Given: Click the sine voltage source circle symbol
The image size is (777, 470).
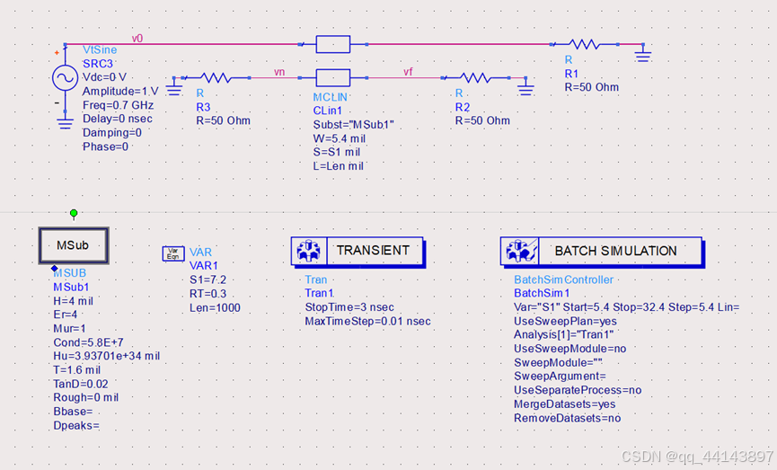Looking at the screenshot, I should [65, 78].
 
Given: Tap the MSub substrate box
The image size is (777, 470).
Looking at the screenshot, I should [75, 244].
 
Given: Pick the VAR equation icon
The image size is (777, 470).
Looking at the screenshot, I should [172, 253].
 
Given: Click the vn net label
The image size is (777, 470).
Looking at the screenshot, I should [280, 72].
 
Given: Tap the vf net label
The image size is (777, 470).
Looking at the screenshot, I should [408, 72].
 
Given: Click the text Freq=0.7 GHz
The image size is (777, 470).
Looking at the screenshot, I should [117, 105].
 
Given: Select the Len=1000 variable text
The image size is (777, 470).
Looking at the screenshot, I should [215, 307].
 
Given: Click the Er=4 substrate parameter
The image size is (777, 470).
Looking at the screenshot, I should [66, 315].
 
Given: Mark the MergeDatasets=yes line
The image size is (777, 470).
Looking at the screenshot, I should [569, 404].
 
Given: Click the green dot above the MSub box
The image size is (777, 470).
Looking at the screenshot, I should [74, 213].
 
